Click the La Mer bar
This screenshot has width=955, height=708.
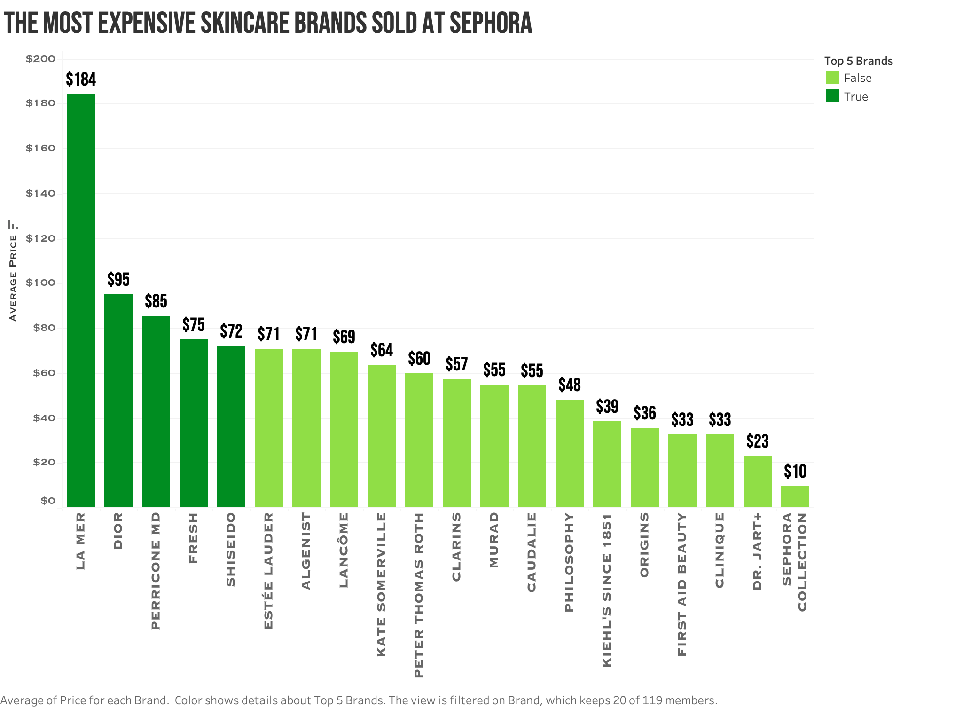(80, 301)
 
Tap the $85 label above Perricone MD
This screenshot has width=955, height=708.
(156, 301)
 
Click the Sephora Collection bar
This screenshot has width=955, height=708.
(795, 497)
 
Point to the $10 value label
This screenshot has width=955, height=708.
(795, 471)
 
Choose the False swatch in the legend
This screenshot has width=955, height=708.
(832, 78)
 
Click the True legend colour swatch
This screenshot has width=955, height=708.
(832, 96)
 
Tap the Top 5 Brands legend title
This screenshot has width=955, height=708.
(858, 61)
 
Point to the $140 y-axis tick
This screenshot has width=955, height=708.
(40, 193)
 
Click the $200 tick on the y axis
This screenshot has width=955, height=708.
(40, 59)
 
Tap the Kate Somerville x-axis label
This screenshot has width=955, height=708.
(381, 584)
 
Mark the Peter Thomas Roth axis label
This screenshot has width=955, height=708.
(419, 595)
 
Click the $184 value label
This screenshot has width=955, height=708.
(80, 79)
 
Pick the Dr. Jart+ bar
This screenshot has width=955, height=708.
(757, 482)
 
